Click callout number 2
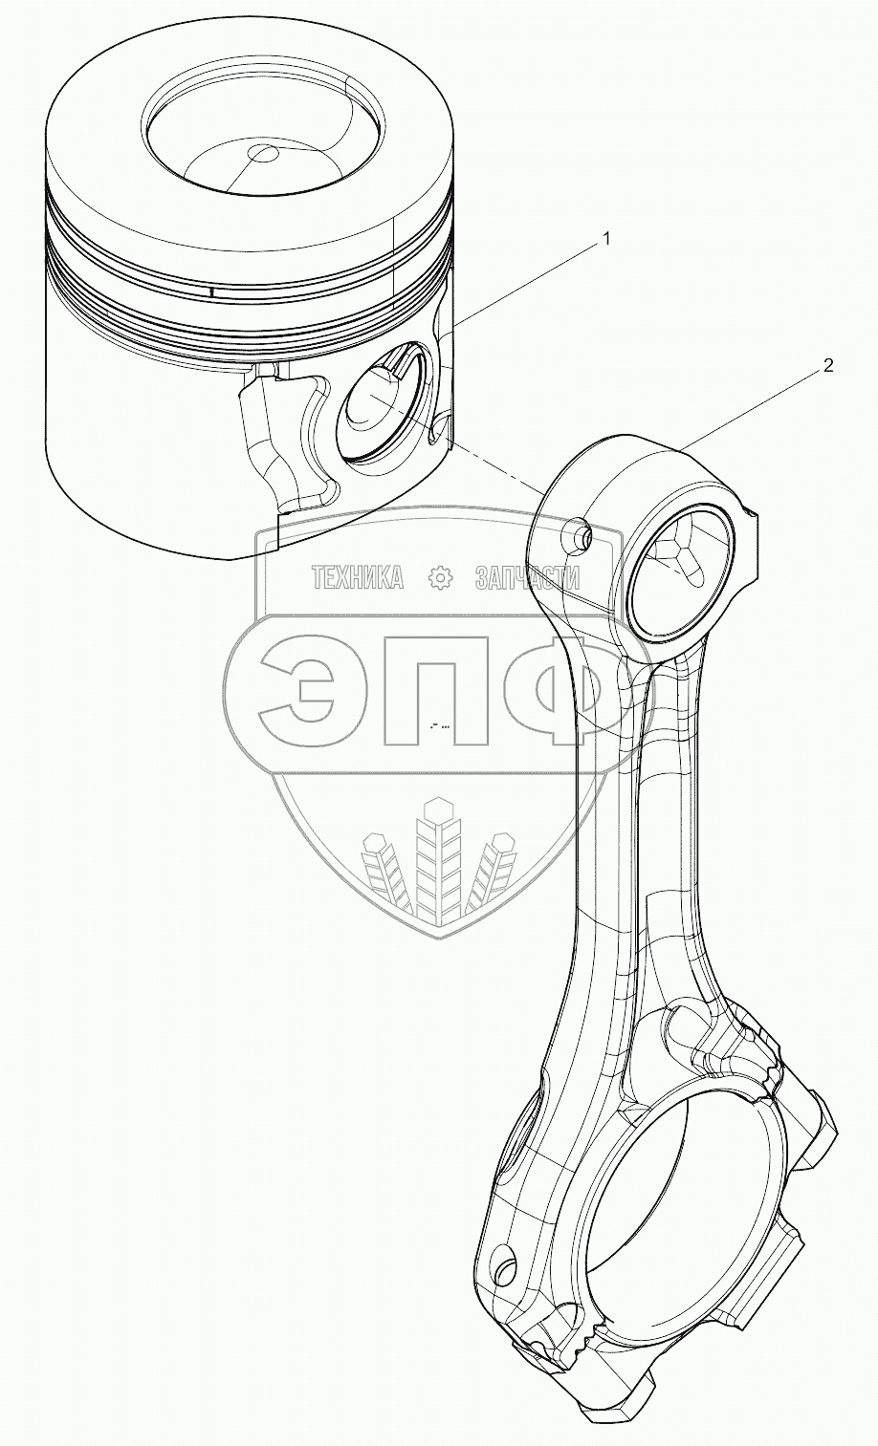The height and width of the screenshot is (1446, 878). click(828, 365)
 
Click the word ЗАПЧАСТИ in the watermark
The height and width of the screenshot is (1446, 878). click(528, 576)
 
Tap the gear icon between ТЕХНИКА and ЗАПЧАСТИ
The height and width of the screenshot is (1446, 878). click(440, 576)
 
